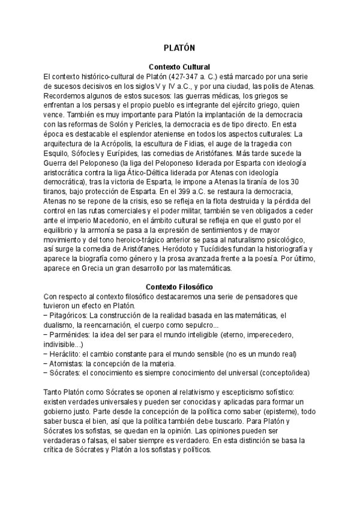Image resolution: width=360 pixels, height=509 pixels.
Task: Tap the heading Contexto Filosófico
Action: coord(179,287)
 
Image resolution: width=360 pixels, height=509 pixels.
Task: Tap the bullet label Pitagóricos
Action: coord(68,316)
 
